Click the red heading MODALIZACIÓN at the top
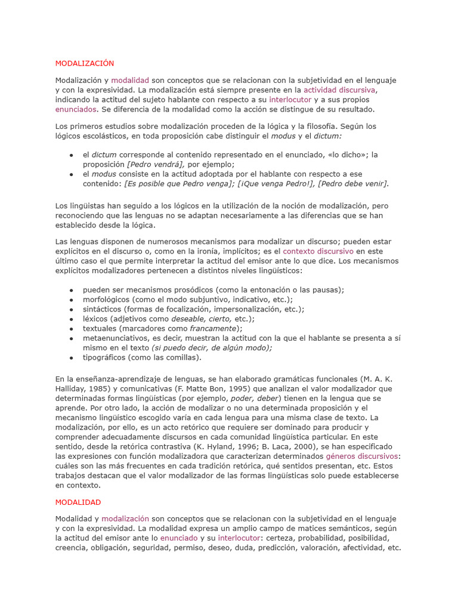(84, 63)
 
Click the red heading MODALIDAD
(78, 502)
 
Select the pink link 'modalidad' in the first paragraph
(129, 81)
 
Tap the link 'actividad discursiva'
(340, 90)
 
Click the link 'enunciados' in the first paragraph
(76, 109)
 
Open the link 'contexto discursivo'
(318, 251)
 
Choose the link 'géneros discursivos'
(362, 456)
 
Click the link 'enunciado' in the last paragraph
(179, 538)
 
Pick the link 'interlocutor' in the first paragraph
(290, 100)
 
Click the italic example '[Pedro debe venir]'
(353, 183)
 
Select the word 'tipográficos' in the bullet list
(105, 357)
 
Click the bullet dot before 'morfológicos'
(71, 300)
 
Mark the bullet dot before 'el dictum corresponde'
(71, 155)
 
